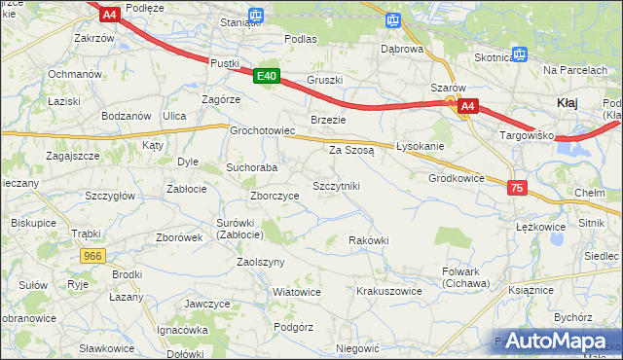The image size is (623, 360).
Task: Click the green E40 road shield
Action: click(268, 76)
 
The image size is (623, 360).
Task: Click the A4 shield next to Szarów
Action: click(469, 105)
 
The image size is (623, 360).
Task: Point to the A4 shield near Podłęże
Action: click(109, 14)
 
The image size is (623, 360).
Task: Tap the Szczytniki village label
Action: click(336, 186)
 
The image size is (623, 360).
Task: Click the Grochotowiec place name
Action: click(262, 130)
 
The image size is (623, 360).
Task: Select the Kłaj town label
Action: click(570, 102)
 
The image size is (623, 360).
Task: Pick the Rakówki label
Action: click(369, 240)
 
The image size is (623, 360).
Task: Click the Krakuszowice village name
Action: click(389, 291)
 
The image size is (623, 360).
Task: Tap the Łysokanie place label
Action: click(421, 146)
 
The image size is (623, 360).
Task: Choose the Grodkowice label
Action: click(457, 179)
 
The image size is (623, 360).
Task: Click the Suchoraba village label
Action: click(252, 167)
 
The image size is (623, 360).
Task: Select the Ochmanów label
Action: click(75, 74)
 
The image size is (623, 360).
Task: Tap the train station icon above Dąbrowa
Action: click(392, 19)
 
